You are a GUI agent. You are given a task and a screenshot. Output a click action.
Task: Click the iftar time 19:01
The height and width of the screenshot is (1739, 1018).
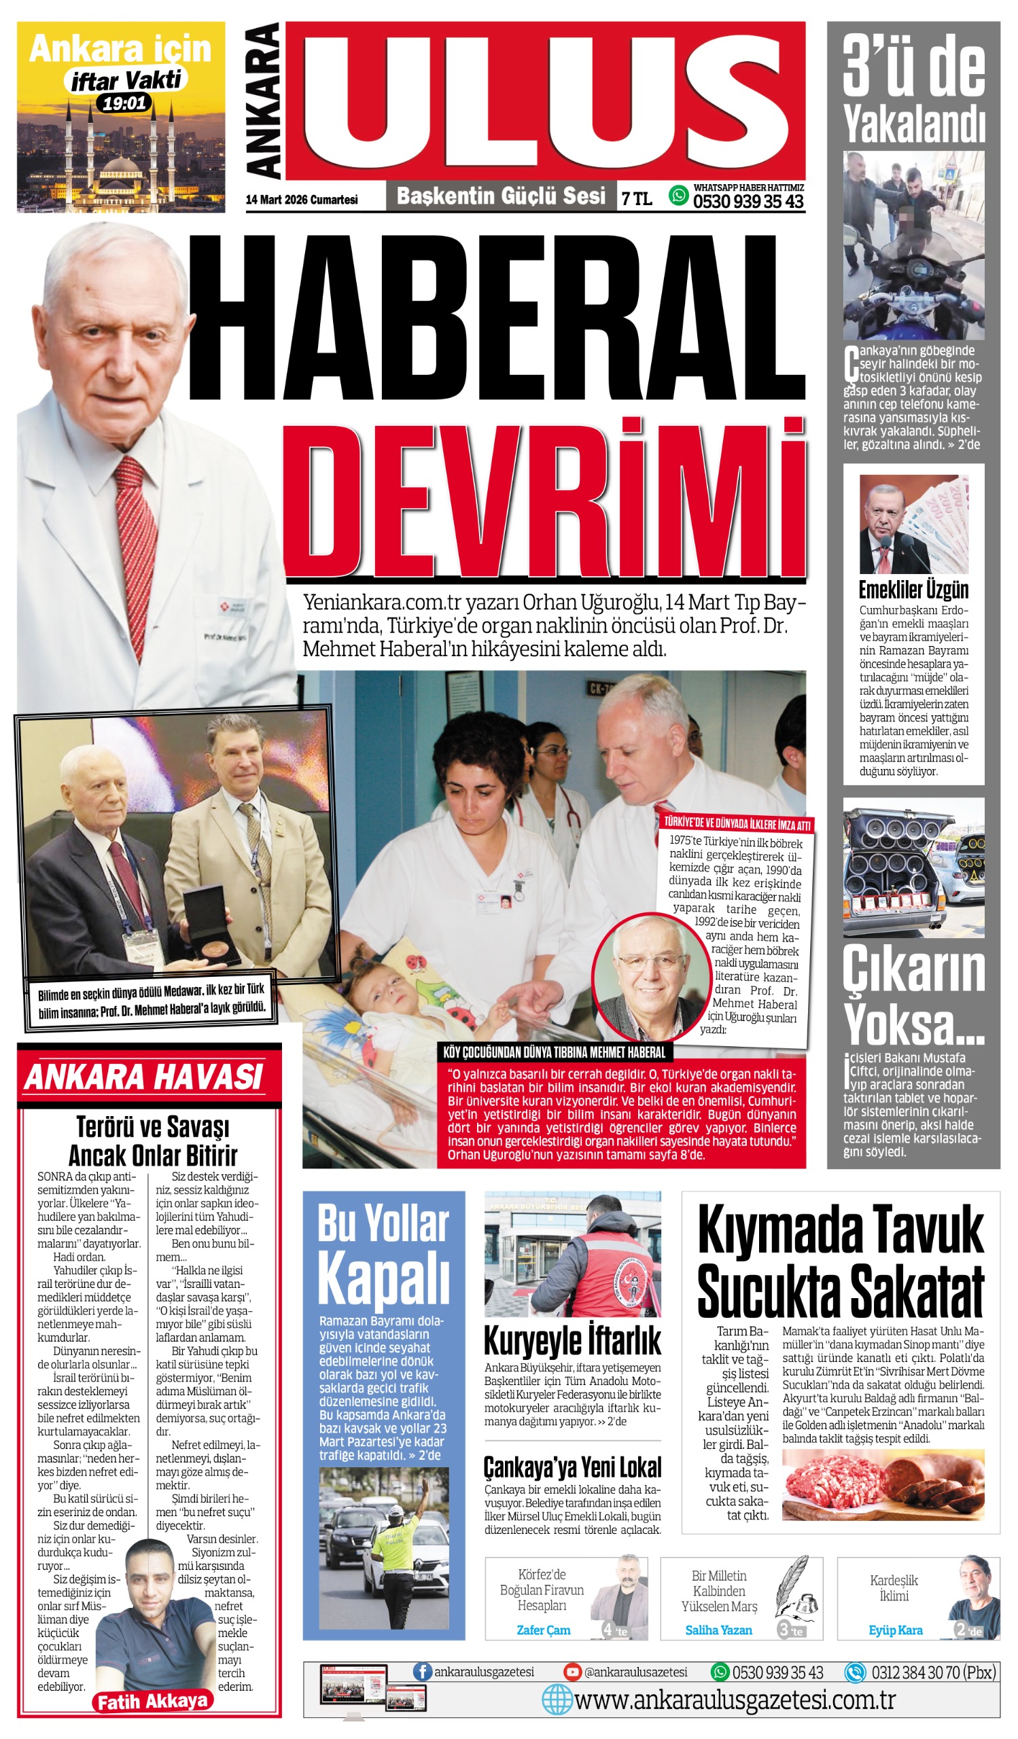pyautogui.click(x=125, y=103)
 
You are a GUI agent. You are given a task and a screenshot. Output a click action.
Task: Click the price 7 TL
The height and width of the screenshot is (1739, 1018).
pyautogui.click(x=636, y=199)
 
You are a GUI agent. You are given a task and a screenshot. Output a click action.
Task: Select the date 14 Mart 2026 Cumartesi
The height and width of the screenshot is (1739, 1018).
pyautogui.click(x=302, y=200)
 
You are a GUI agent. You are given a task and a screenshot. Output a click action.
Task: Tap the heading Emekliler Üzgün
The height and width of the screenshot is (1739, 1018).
pyautogui.click(x=913, y=590)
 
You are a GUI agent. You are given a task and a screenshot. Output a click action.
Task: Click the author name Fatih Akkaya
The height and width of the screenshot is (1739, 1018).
pyautogui.click(x=152, y=1701)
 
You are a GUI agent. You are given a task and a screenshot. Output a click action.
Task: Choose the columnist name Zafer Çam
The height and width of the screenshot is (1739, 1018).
pyautogui.click(x=544, y=1630)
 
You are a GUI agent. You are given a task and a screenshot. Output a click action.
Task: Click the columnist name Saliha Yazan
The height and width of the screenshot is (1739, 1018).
pyautogui.click(x=718, y=1630)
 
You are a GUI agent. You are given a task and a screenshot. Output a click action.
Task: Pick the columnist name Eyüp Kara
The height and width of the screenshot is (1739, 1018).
pyautogui.click(x=895, y=1630)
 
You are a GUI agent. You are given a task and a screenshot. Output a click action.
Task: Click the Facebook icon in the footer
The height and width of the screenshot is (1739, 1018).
pyautogui.click(x=422, y=1671)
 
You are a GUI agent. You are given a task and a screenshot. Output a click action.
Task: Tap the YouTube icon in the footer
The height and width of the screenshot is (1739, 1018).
pyautogui.click(x=572, y=1671)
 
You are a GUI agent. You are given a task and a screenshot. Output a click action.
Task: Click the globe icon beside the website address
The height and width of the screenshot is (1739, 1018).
pyautogui.click(x=557, y=1699)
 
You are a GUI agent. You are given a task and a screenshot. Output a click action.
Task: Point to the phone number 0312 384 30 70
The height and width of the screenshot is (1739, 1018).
pyautogui.click(x=933, y=1672)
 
